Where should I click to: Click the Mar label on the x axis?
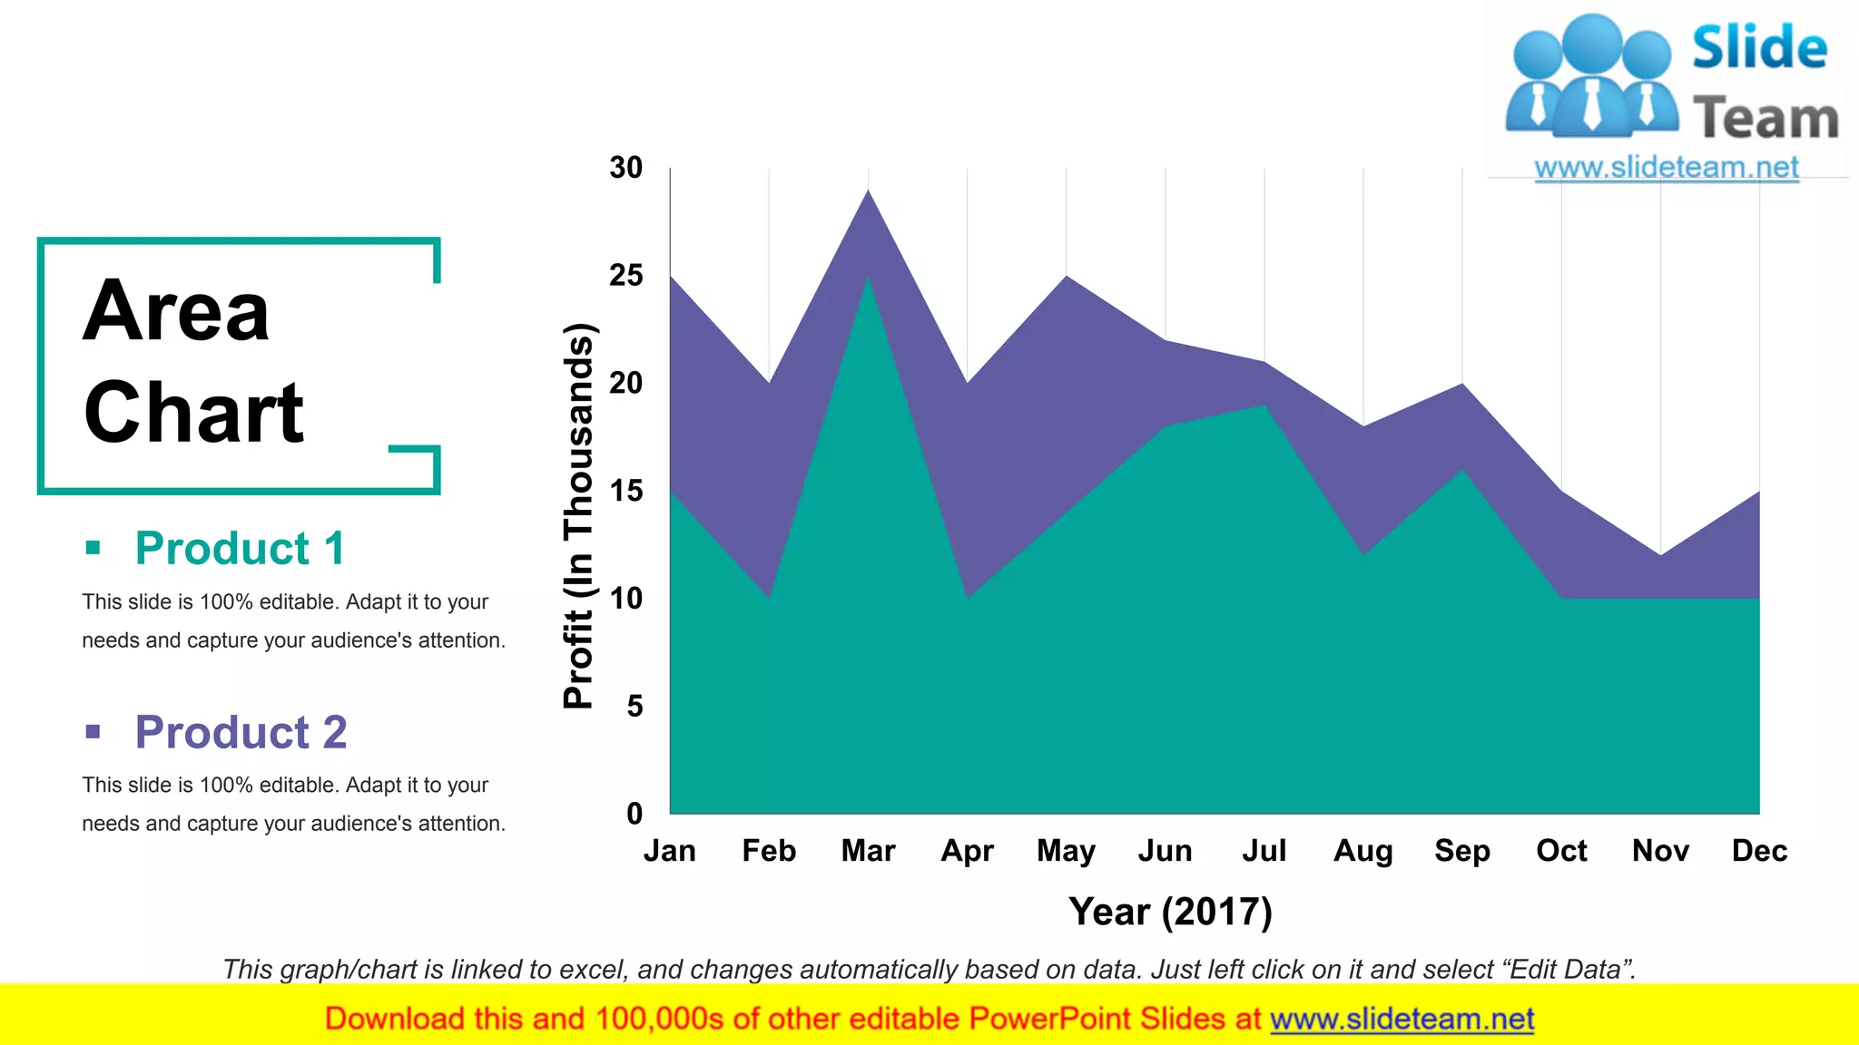coord(868,851)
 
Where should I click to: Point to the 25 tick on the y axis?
coord(625,276)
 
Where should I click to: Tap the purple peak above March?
coord(869,209)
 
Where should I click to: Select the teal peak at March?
coord(869,299)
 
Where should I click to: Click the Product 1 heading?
coord(240,549)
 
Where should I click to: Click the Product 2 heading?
coord(241,732)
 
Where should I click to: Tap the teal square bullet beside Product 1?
coord(93,547)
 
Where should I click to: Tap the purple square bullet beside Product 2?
coord(93,731)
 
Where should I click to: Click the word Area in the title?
coord(176,311)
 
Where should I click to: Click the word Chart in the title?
coord(193,413)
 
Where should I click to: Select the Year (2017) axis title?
coord(1170,912)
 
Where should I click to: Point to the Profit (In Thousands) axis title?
coord(578,515)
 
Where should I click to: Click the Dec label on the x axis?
coord(1759,851)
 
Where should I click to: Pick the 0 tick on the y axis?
coord(634,814)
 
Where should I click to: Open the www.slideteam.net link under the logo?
coord(1667,168)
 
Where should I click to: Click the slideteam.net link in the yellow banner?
coord(1402,1020)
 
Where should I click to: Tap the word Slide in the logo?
coord(1759,48)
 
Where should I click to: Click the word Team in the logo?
coord(1766,119)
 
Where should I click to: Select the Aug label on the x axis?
coord(1362,851)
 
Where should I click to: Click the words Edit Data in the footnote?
coord(1567,970)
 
